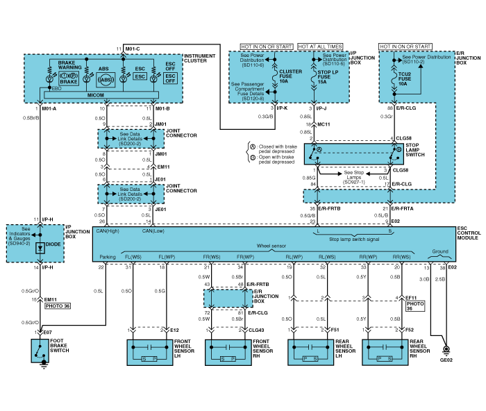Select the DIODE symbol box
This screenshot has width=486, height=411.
coord(40,248)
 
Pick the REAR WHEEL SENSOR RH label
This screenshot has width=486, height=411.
coord(422,349)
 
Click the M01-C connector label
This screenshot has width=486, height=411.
coord(133,48)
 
